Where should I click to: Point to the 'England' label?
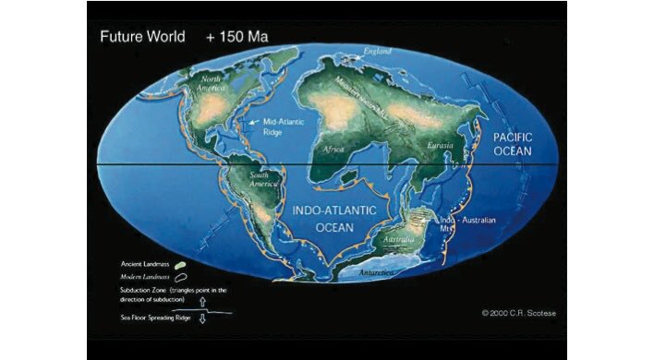point(378,52)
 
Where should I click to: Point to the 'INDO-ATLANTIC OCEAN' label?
point(333,219)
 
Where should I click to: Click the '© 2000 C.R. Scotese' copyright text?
point(521,312)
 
